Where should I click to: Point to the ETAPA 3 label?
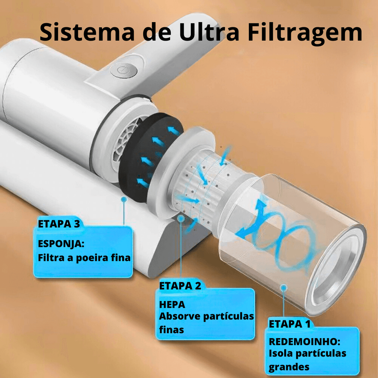click(x=59, y=224)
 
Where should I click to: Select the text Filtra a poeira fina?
click(x=84, y=258)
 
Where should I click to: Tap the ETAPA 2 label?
click(x=180, y=286)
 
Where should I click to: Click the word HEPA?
click(x=172, y=305)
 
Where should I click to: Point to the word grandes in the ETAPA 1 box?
click(x=289, y=367)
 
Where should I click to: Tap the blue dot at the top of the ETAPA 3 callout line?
click(x=124, y=199)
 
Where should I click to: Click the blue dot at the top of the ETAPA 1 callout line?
click(x=283, y=287)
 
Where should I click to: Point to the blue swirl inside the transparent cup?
click(x=281, y=236)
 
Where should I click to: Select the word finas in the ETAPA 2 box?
click(x=171, y=330)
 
